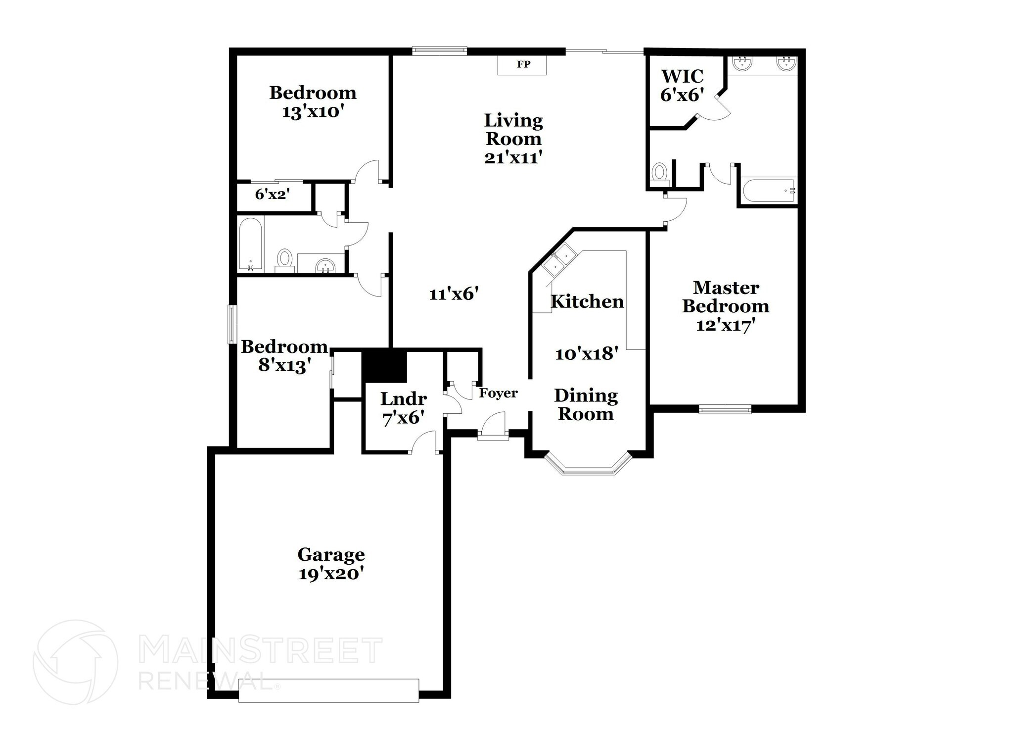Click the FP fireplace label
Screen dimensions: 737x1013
523,64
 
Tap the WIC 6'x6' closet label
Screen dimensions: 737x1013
682,86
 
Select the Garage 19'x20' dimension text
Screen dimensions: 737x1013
331,574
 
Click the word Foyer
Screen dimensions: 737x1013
498,393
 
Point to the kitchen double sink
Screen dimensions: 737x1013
559,261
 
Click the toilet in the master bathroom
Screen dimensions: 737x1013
659,175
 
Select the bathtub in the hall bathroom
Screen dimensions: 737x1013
250,244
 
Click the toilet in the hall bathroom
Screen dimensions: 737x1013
284,259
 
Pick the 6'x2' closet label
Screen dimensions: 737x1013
272,195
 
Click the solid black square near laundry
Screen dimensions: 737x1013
384,366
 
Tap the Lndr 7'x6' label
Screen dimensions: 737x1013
403,408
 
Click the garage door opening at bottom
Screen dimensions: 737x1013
328,690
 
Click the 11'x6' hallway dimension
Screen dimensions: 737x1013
454,295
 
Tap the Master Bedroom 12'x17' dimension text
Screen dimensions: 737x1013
725,325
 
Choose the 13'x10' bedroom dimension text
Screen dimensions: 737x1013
313,112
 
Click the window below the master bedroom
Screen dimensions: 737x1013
725,409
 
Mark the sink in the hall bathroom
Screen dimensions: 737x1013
325,265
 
